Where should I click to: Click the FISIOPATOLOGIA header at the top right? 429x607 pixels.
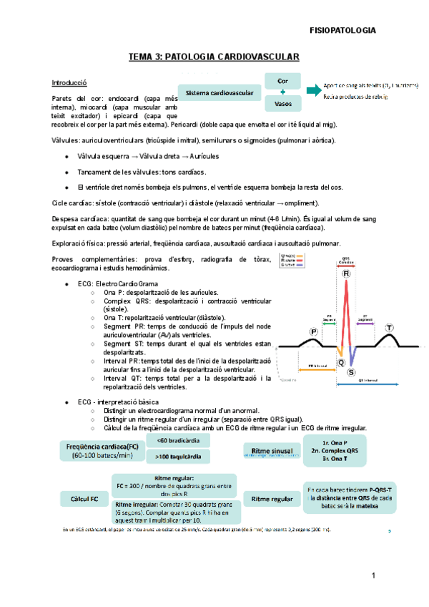coord(342,31)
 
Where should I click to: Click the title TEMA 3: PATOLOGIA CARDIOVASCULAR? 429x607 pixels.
coord(213,57)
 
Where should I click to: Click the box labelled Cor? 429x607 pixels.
coord(283,82)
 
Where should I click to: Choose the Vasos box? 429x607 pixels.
coord(283,105)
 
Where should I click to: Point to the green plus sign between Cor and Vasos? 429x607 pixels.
coord(283,93)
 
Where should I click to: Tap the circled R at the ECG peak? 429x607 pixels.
coord(347,274)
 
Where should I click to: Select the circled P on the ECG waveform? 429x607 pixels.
coord(314,331)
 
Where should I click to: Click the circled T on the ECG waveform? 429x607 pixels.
coord(389,327)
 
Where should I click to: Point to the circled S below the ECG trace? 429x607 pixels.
coord(351,372)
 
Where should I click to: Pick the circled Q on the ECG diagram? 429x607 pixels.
coord(341,361)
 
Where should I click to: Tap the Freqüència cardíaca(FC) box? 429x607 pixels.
coord(99,450)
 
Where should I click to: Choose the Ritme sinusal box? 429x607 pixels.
coord(272,450)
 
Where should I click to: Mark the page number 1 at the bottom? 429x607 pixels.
coord(373,576)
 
